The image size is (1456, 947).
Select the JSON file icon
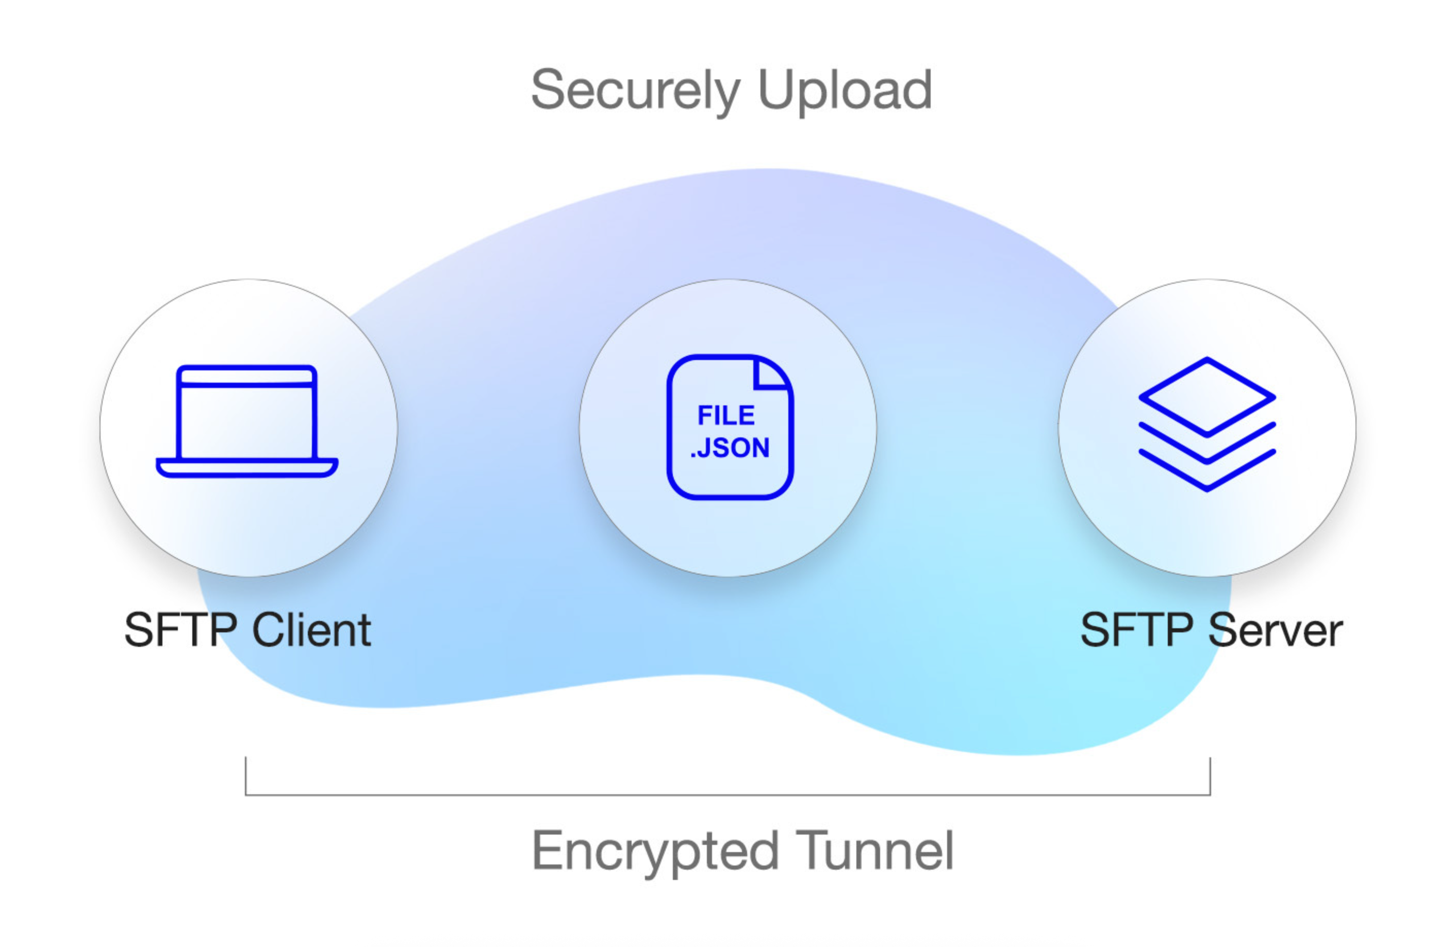tap(730, 427)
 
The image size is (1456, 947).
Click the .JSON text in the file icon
tap(730, 448)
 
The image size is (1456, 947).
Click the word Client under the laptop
tap(311, 630)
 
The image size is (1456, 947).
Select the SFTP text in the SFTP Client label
tap(180, 630)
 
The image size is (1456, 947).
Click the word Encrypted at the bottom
tap(655, 852)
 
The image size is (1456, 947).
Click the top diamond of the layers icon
tap(1206, 397)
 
